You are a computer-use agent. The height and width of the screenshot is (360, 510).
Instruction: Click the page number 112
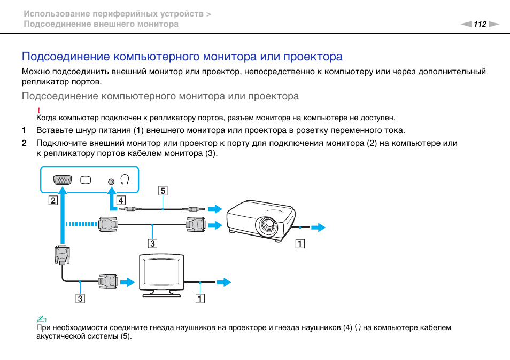click(x=480, y=24)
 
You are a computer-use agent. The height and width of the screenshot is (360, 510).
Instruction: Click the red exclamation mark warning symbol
click(x=39, y=109)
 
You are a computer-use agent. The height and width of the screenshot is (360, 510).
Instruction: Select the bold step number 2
click(x=24, y=143)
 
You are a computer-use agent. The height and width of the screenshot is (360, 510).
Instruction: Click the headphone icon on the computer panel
click(x=125, y=179)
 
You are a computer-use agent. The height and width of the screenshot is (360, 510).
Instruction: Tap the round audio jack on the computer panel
click(x=111, y=181)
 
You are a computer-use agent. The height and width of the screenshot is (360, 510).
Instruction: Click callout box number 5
click(x=162, y=191)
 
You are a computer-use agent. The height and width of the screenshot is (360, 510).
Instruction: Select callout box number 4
click(x=121, y=201)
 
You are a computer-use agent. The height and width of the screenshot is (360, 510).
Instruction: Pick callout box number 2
click(x=52, y=201)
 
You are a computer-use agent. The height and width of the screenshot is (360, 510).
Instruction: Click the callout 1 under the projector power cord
click(x=301, y=244)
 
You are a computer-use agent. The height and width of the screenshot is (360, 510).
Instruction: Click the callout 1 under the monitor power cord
click(x=199, y=299)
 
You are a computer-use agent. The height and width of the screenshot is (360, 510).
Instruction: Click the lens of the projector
click(x=266, y=226)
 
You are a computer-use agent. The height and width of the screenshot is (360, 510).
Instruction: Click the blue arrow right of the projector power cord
click(x=318, y=228)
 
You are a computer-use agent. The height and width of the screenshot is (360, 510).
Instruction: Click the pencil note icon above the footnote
click(x=39, y=319)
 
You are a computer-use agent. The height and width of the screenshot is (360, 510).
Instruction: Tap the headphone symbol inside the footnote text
click(x=357, y=328)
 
